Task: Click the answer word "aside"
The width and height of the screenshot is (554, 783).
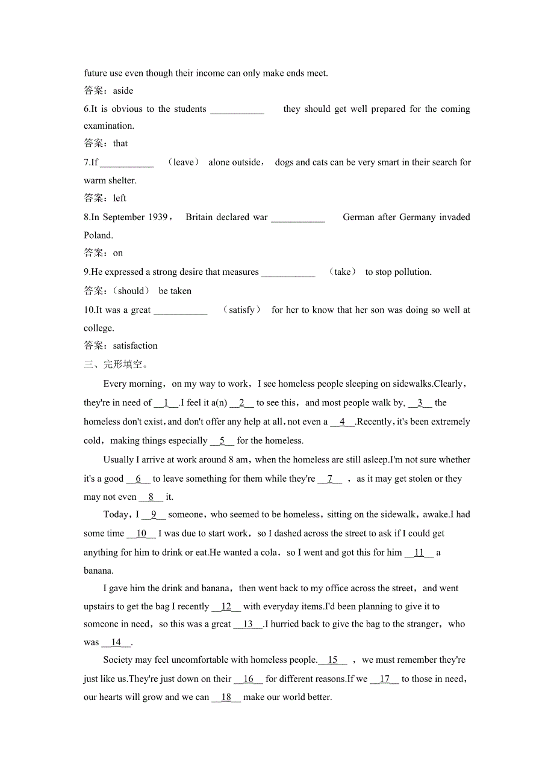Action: pyautogui.click(x=123, y=91)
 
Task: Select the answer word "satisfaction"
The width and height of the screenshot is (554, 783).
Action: pyautogui.click(x=135, y=346)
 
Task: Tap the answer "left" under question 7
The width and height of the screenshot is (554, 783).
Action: pyautogui.click(x=120, y=198)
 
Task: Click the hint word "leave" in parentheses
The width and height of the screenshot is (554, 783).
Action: pyautogui.click(x=184, y=162)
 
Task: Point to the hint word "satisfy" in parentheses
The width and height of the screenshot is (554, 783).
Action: pyautogui.click(x=242, y=310)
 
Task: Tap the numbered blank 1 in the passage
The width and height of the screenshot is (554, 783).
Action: pyautogui.click(x=166, y=403)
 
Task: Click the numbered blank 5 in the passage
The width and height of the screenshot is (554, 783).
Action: pyautogui.click(x=222, y=441)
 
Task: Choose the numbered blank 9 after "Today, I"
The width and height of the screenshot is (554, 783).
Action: pyautogui.click(x=154, y=515)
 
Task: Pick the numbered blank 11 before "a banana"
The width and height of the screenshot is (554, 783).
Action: pyautogui.click(x=419, y=553)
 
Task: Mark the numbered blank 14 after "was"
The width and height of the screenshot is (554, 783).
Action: pyautogui.click(x=116, y=642)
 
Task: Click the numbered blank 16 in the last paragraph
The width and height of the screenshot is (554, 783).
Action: pyautogui.click(x=248, y=679)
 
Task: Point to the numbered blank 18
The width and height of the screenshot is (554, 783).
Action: pyautogui.click(x=226, y=698)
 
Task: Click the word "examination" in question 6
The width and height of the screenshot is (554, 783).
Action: pyautogui.click(x=108, y=126)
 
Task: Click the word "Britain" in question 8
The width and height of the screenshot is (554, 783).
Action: pyautogui.click(x=203, y=217)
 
